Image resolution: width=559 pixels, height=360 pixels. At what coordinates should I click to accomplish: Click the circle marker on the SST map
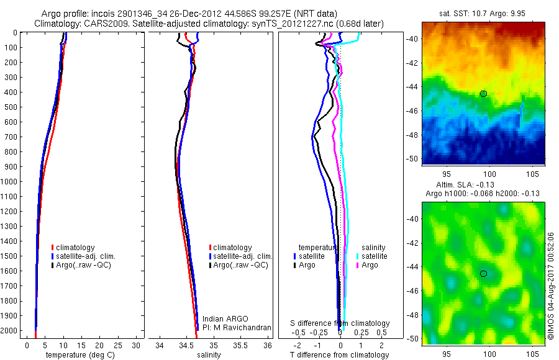(x=484, y=94)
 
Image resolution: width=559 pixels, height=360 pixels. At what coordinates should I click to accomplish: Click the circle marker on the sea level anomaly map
(x=484, y=274)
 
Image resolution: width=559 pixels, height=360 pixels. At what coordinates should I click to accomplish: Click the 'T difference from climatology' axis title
(x=340, y=355)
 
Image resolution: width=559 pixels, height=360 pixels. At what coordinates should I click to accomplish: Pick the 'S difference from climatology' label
(x=340, y=323)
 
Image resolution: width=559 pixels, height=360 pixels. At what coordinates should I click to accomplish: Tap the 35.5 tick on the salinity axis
(x=240, y=344)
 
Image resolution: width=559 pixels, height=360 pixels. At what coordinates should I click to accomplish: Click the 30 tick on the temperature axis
(x=137, y=344)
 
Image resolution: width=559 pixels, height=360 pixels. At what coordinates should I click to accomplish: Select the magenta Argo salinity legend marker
(x=358, y=265)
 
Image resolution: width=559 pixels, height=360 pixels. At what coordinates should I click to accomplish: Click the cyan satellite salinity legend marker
(x=358, y=256)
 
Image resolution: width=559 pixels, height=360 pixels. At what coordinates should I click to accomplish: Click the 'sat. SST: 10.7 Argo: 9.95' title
(x=483, y=14)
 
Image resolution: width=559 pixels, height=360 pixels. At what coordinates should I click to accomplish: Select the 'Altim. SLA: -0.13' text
(x=483, y=186)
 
